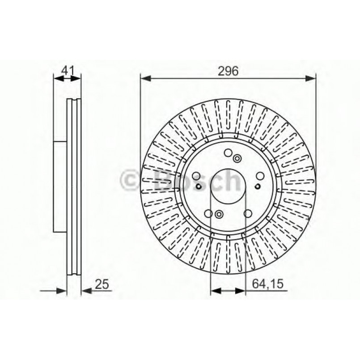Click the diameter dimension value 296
click(228, 70)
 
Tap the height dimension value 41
click(67, 70)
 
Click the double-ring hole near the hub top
click(237, 157)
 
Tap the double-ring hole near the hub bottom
click(219, 214)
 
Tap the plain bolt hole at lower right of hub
click(247, 213)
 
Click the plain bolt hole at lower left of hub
click(209, 213)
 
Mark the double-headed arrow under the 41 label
click(68, 79)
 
